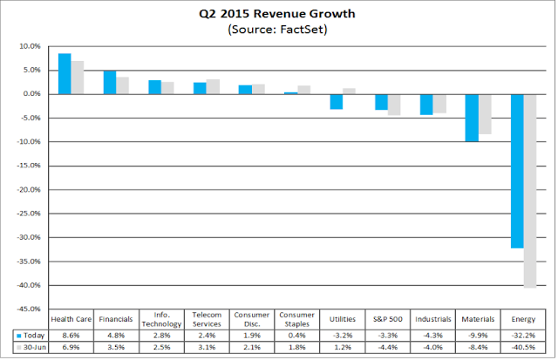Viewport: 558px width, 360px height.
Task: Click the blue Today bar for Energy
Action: tap(517, 171)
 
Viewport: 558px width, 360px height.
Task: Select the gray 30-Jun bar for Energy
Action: tap(530, 191)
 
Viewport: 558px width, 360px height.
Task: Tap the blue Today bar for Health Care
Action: tap(65, 73)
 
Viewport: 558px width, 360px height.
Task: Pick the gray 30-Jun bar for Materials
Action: tap(485, 114)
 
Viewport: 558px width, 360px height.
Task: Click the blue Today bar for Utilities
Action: tap(337, 102)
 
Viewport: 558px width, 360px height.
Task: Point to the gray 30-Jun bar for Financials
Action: tap(122, 85)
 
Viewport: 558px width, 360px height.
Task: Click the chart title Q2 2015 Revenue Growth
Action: tap(277, 14)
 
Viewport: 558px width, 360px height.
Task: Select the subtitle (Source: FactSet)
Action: tap(277, 29)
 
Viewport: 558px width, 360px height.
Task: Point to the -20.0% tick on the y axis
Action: tap(29, 190)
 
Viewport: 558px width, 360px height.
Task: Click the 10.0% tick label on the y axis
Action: tap(30, 46)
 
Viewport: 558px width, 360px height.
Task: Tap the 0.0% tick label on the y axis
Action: tap(31, 94)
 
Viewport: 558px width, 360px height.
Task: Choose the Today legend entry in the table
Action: tap(31, 336)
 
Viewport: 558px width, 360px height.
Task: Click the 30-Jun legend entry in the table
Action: tap(31, 347)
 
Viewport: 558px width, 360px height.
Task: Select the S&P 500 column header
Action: tap(387, 319)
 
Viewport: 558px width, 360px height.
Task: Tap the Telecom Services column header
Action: tap(207, 319)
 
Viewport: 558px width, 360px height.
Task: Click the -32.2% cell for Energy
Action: tap(523, 336)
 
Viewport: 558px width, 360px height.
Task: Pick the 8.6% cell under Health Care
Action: tap(71, 336)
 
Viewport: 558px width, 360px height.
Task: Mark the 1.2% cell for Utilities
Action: tap(343, 347)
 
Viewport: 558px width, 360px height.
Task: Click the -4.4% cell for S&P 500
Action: tap(387, 347)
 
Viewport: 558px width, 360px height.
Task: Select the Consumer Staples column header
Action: tap(296, 319)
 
